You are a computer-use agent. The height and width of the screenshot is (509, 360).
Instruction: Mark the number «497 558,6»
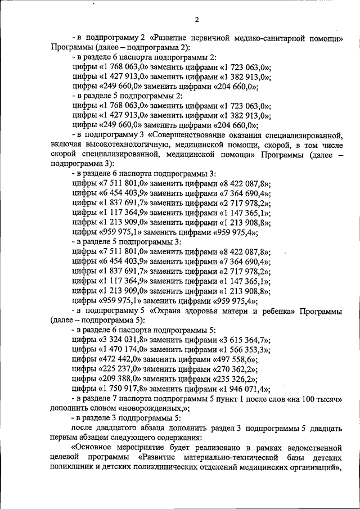(x=235, y=360)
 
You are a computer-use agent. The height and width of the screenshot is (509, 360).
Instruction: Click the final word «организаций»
(x=314, y=468)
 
